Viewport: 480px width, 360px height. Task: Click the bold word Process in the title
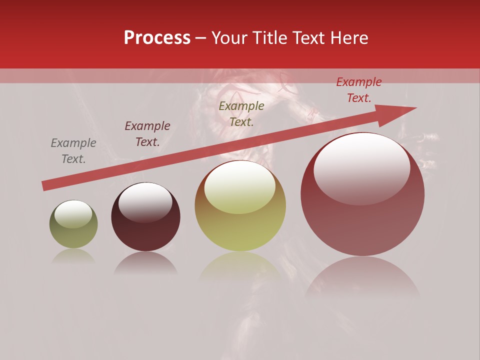tap(157, 38)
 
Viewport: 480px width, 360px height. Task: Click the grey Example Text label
tap(73, 150)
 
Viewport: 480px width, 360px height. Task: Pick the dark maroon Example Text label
tap(147, 134)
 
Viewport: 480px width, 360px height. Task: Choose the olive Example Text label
tap(241, 113)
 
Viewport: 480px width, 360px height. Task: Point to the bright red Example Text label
tap(358, 90)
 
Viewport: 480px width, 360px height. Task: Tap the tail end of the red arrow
tap(46, 185)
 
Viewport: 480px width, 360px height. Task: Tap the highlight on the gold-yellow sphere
tap(239, 187)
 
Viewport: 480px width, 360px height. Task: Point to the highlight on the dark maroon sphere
tap(145, 201)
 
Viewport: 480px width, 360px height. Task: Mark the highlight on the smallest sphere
tap(73, 213)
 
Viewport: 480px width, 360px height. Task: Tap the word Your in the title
tap(230, 38)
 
